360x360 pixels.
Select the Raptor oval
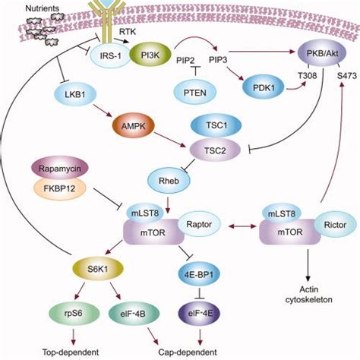[200, 226]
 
